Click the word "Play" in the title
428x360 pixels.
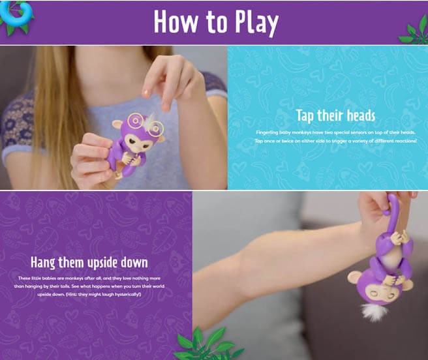252,22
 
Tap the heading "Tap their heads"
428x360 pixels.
335,116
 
